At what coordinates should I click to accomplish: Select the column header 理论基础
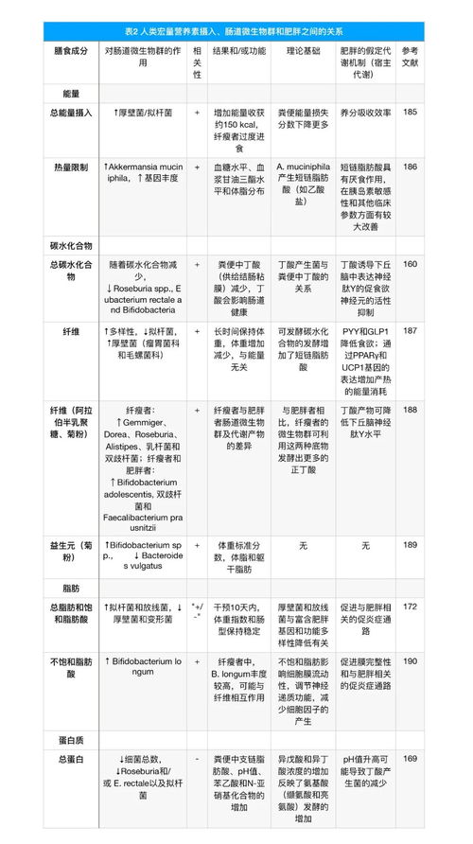(x=303, y=48)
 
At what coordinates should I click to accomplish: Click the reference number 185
(x=410, y=113)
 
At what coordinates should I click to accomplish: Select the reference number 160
(x=410, y=263)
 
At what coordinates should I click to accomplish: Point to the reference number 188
(x=410, y=409)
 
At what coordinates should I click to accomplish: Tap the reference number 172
(x=410, y=607)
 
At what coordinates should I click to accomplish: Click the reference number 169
(x=410, y=758)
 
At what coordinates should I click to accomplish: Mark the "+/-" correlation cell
(x=197, y=611)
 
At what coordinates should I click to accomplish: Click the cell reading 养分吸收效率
(x=365, y=113)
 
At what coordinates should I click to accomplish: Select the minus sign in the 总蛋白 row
(x=196, y=758)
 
